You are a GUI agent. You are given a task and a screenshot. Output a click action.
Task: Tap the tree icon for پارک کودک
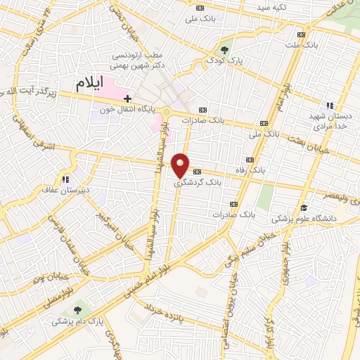click(x=224, y=50)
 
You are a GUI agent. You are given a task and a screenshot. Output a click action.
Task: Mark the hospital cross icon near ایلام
click(x=127, y=98)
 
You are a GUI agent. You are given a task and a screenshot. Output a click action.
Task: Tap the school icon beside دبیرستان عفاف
click(x=66, y=179)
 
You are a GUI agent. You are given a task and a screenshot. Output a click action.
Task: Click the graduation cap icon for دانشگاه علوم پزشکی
click(x=304, y=207)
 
